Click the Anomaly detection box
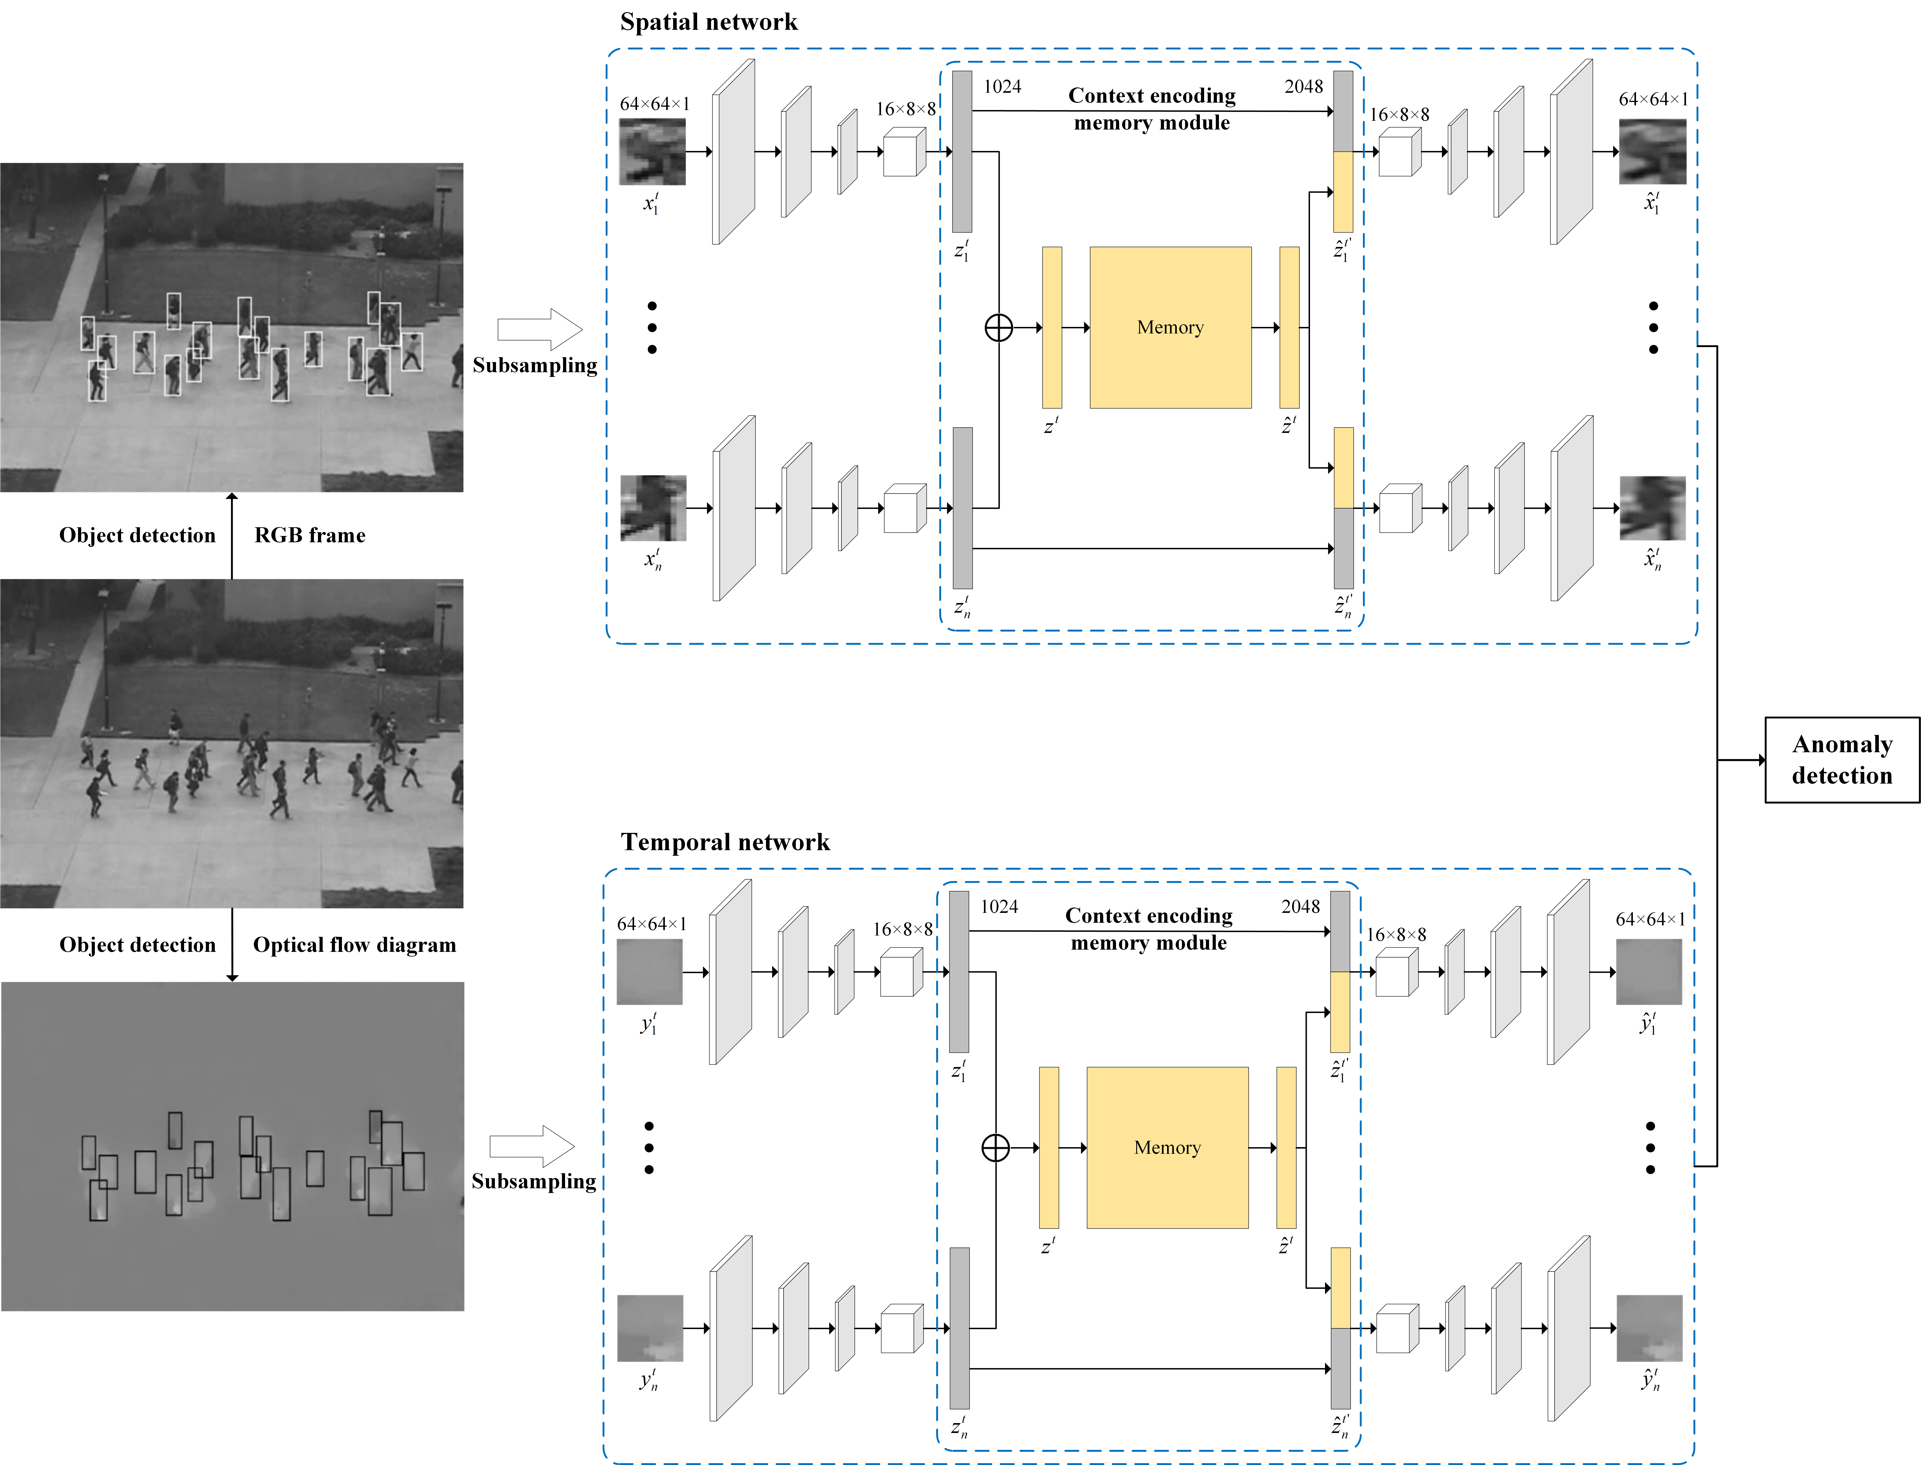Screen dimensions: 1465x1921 point(1842,760)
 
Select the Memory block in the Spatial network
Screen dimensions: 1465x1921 point(1170,327)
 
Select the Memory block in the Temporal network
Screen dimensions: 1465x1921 point(1167,1147)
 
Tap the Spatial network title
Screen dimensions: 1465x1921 point(708,22)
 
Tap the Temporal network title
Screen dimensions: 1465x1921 point(725,841)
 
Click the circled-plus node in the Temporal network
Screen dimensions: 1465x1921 point(995,1147)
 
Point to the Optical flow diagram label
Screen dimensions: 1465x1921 point(354,944)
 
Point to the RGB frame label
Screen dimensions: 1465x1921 point(310,535)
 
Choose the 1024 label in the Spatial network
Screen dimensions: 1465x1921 point(1002,86)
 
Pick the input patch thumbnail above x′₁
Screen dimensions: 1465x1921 point(652,152)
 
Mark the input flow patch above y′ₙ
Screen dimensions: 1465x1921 point(650,1328)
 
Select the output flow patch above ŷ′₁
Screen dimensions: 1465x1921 point(1648,971)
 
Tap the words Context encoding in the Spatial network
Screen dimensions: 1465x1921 point(1152,95)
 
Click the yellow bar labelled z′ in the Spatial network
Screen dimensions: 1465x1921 point(1052,327)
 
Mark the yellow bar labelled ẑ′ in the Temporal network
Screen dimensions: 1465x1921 point(1286,1147)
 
